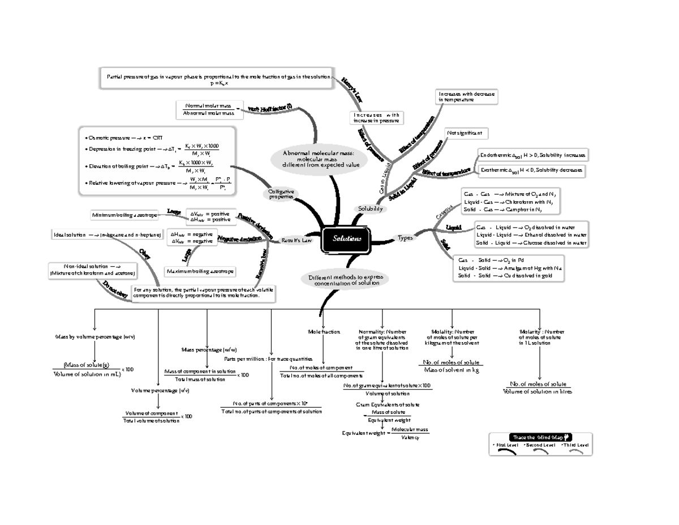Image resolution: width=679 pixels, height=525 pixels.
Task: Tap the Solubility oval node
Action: [x=369, y=209]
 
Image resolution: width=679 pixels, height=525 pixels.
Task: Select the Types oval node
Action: [x=406, y=238]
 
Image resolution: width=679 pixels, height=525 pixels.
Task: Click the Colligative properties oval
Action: [x=281, y=194]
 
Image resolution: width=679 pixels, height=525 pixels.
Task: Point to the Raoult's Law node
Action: [x=297, y=240]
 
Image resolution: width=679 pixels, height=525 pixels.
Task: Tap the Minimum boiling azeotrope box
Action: [x=124, y=215]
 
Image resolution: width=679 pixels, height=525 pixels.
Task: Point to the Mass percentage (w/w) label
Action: [x=209, y=349]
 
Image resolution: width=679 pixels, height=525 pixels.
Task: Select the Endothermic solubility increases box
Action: [x=532, y=155]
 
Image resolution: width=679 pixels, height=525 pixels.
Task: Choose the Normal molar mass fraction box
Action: [x=209, y=109]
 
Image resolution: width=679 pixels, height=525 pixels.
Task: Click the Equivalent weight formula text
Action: [x=386, y=434]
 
